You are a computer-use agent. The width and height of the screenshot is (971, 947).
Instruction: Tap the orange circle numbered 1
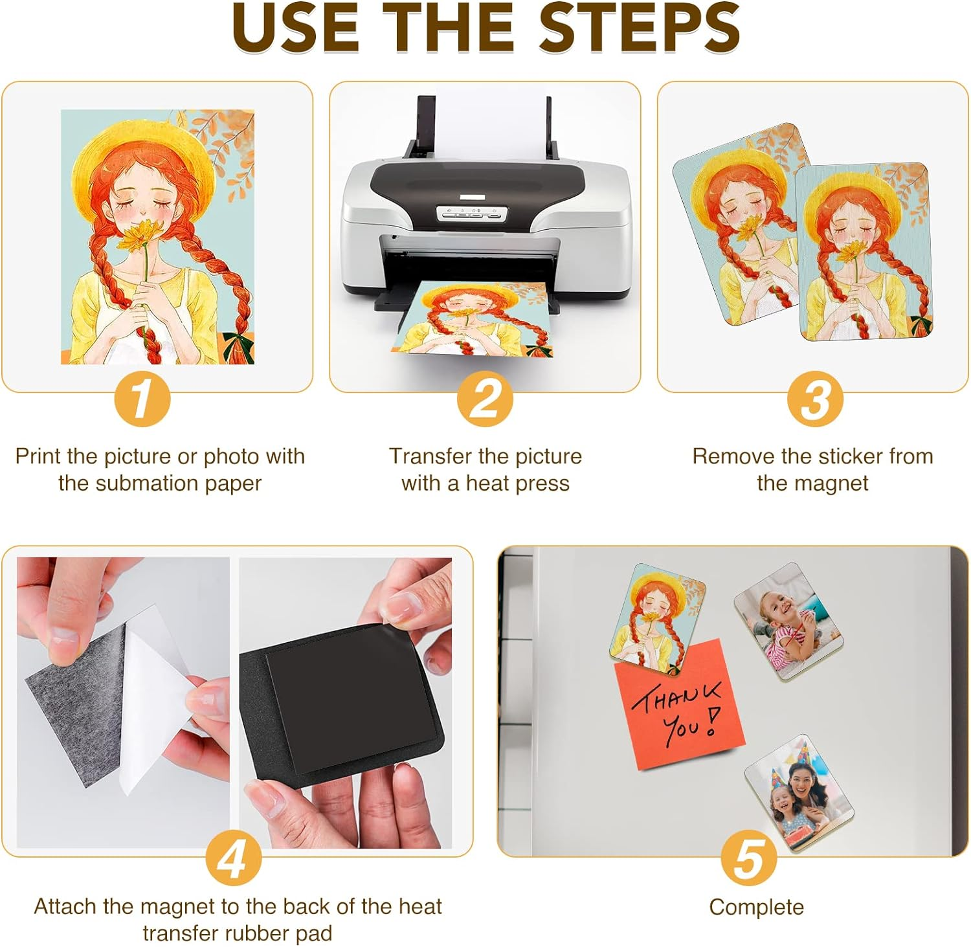pyautogui.click(x=142, y=399)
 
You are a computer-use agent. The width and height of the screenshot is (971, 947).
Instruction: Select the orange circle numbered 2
pyautogui.click(x=485, y=399)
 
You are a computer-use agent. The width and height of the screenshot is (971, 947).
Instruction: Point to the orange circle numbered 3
pyautogui.click(x=814, y=399)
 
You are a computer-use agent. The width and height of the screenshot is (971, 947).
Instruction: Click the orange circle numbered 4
pyautogui.click(x=233, y=858)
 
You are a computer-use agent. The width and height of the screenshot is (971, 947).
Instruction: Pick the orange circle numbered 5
pyautogui.click(x=749, y=858)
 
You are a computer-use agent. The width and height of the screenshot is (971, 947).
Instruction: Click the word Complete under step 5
pyautogui.click(x=756, y=908)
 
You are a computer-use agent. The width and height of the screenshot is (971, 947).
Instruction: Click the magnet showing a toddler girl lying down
pyautogui.click(x=788, y=621)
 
